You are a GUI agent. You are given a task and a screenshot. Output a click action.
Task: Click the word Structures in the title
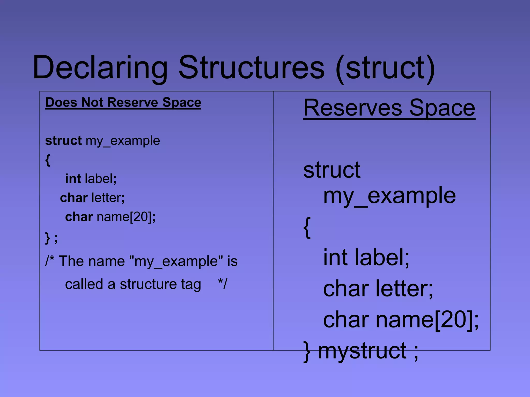pyautogui.click(x=251, y=68)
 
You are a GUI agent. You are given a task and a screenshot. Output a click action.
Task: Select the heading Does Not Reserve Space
pyautogui.click(x=123, y=102)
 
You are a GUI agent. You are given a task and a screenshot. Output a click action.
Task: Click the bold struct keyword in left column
pyautogui.click(x=63, y=141)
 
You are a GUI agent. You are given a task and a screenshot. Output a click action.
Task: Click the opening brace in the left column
pyautogui.click(x=48, y=160)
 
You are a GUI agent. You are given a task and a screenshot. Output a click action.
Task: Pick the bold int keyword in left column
pyautogui.click(x=73, y=179)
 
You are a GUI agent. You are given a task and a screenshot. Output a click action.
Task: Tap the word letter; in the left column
pyautogui.click(x=108, y=198)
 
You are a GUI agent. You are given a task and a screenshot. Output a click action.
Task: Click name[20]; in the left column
pyautogui.click(x=126, y=217)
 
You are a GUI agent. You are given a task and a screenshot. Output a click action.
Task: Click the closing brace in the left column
pyautogui.click(x=48, y=238)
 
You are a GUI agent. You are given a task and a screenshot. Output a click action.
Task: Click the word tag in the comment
pyautogui.click(x=191, y=284)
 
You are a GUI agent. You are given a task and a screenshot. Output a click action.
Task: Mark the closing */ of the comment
pyautogui.click(x=223, y=284)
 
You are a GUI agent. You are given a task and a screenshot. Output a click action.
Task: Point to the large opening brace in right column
pyautogui.click(x=307, y=227)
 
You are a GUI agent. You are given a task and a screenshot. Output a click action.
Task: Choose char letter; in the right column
pyautogui.click(x=378, y=288)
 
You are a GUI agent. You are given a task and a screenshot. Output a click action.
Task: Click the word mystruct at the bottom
pyautogui.click(x=362, y=351)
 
